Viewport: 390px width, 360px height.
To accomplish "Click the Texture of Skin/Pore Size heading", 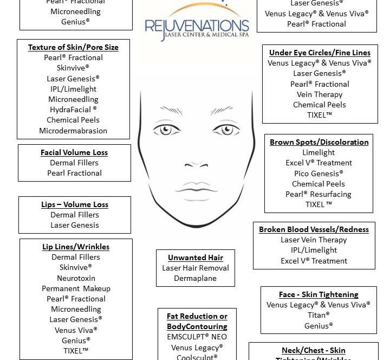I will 73,47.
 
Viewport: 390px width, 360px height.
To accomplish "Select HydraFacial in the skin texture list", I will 73,110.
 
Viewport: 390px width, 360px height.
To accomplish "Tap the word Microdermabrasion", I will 73,131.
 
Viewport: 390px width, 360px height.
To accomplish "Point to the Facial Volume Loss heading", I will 74,152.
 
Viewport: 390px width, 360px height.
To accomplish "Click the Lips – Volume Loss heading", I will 75,204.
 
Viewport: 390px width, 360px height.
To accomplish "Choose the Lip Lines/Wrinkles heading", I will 76,247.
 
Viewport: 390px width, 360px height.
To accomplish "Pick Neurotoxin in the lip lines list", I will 76,278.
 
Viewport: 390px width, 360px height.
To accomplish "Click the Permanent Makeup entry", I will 76,288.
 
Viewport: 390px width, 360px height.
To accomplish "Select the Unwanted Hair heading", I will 196,258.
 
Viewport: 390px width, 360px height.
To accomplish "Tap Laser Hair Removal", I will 196,268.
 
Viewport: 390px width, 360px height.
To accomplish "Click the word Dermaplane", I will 196,278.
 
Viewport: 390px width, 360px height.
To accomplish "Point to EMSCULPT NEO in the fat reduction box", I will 197,337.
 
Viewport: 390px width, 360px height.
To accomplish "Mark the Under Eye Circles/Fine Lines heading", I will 320,53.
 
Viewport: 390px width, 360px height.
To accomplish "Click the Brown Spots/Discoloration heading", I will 319,142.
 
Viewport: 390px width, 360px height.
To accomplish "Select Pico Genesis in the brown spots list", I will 318,173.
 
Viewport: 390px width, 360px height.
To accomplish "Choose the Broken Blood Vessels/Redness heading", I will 314,229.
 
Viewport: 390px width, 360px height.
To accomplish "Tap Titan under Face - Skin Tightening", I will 318,315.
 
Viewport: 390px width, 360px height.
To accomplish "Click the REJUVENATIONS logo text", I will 197,26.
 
